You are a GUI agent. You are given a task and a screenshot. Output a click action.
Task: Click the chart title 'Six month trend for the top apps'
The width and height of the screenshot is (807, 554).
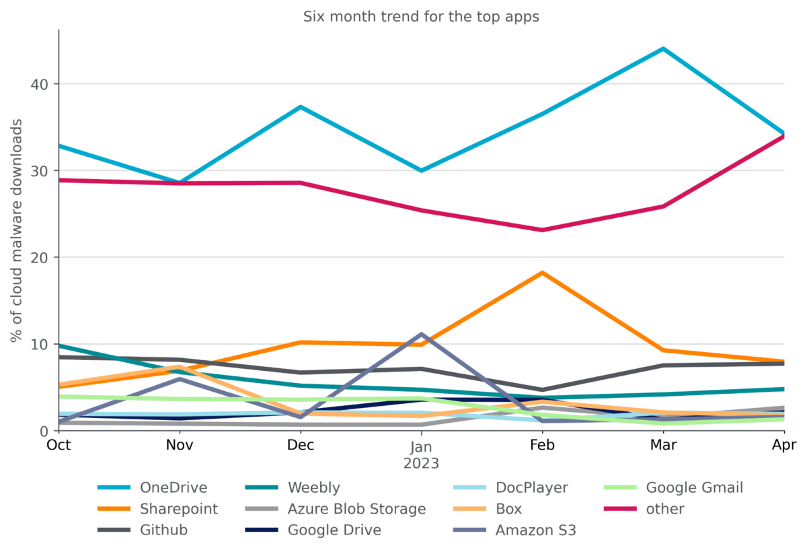(421, 17)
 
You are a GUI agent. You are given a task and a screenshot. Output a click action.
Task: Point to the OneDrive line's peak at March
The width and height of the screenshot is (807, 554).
(663, 49)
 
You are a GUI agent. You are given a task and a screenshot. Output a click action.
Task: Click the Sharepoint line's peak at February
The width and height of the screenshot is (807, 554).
(542, 273)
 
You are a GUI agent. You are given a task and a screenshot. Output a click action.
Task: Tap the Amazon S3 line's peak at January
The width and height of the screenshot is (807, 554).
(421, 334)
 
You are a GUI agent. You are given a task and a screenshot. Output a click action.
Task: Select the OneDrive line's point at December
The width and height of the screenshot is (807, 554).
(301, 107)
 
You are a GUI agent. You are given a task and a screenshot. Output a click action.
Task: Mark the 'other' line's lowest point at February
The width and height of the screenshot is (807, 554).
(542, 230)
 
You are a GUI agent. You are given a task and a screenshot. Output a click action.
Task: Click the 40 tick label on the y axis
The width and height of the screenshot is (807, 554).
(41, 84)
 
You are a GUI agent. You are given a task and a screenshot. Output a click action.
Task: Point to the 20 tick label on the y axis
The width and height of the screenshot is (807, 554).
(41, 257)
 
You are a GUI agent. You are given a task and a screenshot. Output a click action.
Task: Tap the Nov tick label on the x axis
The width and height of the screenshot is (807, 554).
(180, 446)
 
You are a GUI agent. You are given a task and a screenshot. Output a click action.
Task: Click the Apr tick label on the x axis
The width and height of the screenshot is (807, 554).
(784, 446)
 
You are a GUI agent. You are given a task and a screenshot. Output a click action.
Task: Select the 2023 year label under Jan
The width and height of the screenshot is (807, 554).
(421, 464)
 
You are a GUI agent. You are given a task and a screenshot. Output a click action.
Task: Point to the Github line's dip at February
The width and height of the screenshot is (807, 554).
(542, 390)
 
